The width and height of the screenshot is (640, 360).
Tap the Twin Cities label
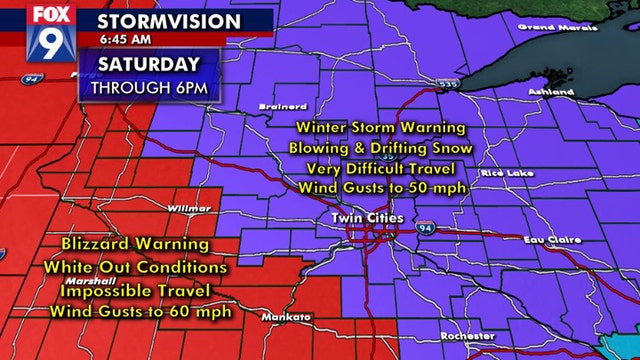pyautogui.click(x=368, y=216)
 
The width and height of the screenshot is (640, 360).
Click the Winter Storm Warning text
pyautogui.click(x=380, y=128)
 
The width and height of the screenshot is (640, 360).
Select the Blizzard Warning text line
pyautogui.click(x=135, y=244)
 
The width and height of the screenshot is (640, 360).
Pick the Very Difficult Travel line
pyautogui.click(x=380, y=167)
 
